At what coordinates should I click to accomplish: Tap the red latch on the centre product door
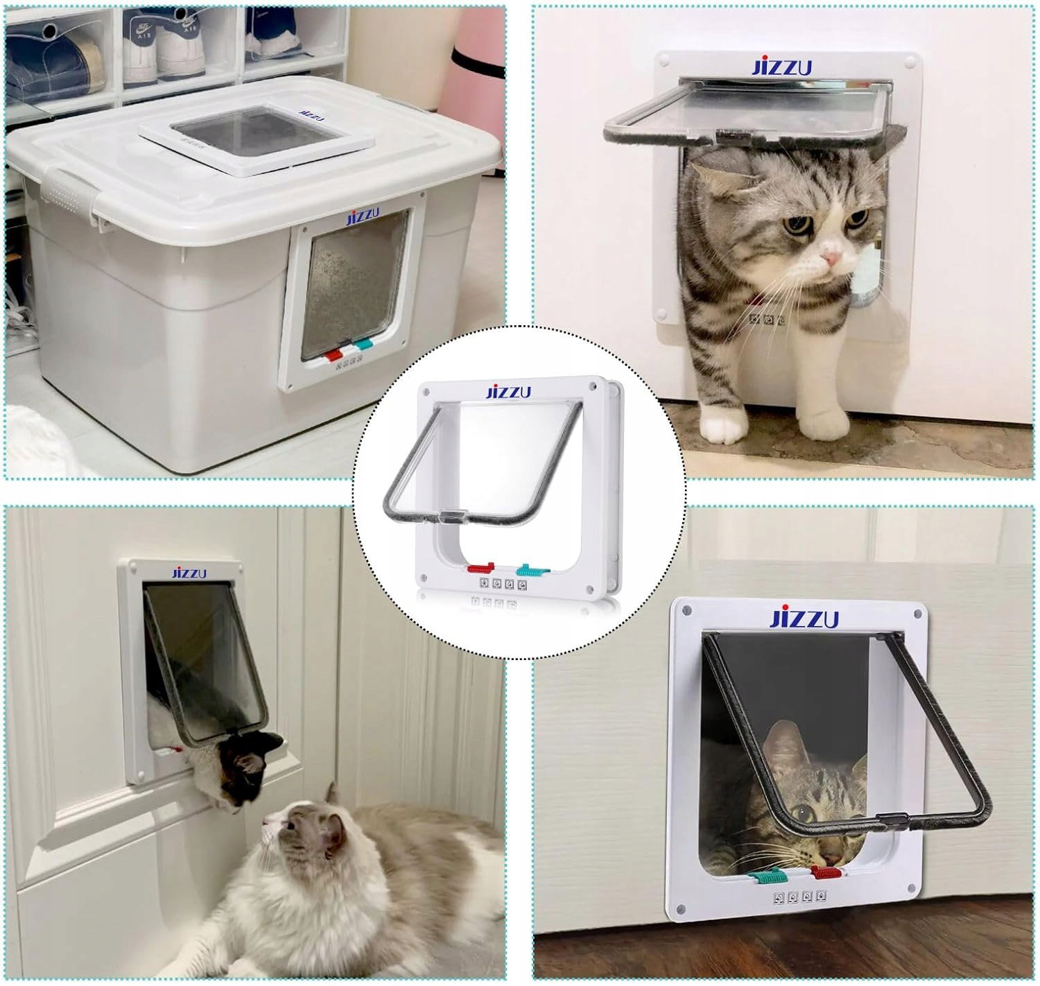(481, 568)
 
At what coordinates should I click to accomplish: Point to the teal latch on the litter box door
(363, 345)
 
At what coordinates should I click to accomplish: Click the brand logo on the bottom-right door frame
(804, 619)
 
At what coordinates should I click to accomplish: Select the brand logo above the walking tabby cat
(781, 67)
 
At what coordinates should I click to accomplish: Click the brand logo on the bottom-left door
(189, 573)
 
